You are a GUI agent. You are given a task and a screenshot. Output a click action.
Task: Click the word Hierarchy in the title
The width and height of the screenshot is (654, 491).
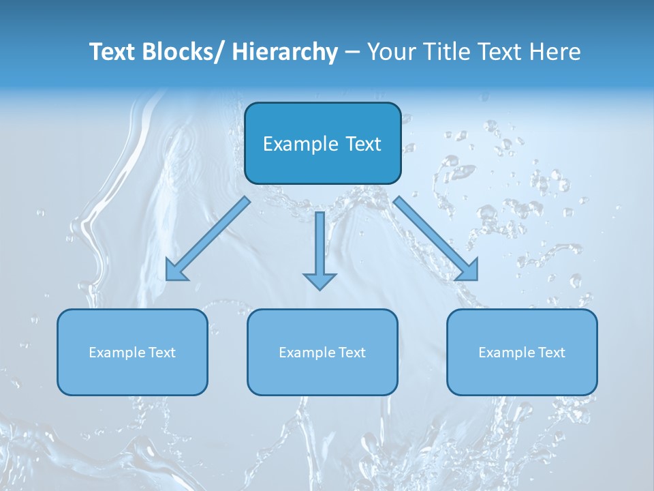(285, 52)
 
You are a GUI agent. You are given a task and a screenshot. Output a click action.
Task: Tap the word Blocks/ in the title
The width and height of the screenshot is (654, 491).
(183, 52)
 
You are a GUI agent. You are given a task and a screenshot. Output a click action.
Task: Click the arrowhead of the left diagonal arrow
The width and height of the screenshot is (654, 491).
(176, 270)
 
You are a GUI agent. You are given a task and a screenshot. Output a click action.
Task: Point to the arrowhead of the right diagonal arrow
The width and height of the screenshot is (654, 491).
(467, 270)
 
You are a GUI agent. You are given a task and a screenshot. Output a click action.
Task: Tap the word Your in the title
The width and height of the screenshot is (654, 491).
(388, 52)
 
